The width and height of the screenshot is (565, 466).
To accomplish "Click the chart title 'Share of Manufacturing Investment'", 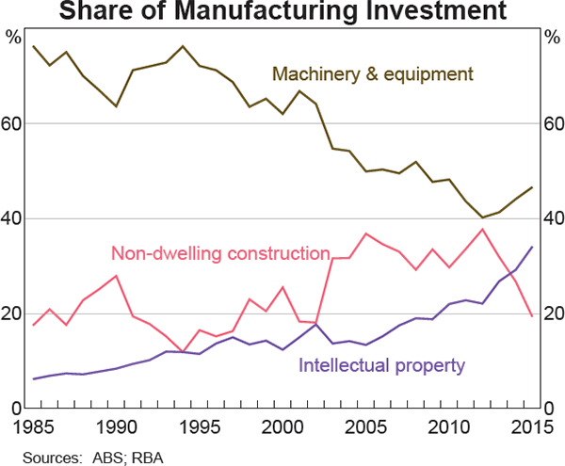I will point(282,12).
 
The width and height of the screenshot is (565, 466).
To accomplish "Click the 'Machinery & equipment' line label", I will point(372,73).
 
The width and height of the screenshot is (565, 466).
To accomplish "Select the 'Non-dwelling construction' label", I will point(220,253).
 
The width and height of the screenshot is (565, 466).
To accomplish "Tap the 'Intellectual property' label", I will point(381,362).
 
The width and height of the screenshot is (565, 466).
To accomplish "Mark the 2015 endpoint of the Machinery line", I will point(532,187).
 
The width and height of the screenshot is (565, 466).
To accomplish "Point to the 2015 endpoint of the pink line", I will point(532,315).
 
